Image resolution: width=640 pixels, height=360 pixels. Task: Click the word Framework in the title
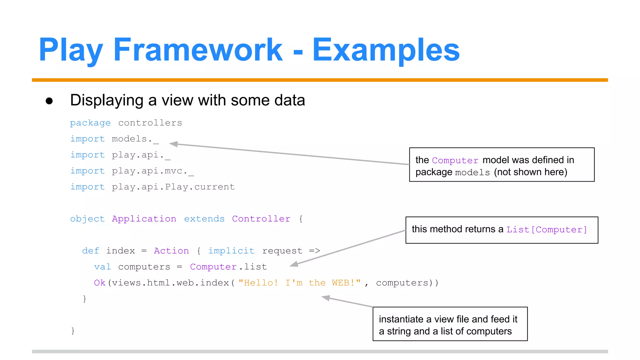pyautogui.click(x=198, y=50)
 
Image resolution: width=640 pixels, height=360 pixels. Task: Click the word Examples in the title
pyautogui.click(x=386, y=50)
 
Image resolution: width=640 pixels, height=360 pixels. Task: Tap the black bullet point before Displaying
pyautogui.click(x=49, y=101)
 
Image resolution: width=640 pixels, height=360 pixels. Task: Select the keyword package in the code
pyautogui.click(x=90, y=123)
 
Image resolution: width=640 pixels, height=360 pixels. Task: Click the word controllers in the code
pyautogui.click(x=150, y=123)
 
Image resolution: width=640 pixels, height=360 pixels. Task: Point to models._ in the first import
pyautogui.click(x=135, y=139)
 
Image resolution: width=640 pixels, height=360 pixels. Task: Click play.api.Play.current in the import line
pyautogui.click(x=173, y=187)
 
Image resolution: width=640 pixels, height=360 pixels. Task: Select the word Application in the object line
pyautogui.click(x=144, y=219)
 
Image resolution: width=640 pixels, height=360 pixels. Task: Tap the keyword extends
pyautogui.click(x=204, y=219)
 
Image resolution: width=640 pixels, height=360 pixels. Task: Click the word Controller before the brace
pyautogui.click(x=261, y=219)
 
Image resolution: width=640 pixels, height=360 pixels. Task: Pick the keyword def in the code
pyautogui.click(x=90, y=251)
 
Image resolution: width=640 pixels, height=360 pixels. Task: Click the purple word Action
pyautogui.click(x=171, y=251)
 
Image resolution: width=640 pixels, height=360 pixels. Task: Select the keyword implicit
pyautogui.click(x=231, y=251)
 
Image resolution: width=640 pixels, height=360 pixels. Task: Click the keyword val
pyautogui.click(x=102, y=267)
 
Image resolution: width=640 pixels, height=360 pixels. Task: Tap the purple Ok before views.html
pyautogui.click(x=100, y=283)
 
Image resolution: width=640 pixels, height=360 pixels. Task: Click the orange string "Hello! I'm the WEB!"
pyautogui.click(x=299, y=283)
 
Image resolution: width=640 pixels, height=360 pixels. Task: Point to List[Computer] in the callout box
pyautogui.click(x=547, y=230)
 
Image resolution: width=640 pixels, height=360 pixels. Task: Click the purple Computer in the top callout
pyautogui.click(x=455, y=161)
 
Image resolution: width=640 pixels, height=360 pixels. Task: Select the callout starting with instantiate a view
pyautogui.click(x=450, y=324)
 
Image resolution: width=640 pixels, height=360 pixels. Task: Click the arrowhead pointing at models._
pyautogui.click(x=173, y=144)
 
